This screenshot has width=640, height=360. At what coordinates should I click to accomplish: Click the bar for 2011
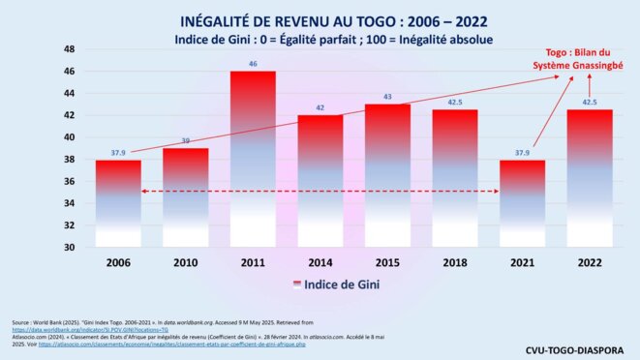(x=253, y=160)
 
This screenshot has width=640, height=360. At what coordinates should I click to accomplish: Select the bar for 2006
(x=118, y=203)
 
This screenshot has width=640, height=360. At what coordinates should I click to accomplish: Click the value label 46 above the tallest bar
(x=253, y=64)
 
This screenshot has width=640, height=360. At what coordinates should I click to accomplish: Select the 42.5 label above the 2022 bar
(x=590, y=102)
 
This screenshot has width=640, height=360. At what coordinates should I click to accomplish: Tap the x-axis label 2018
(x=455, y=263)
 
